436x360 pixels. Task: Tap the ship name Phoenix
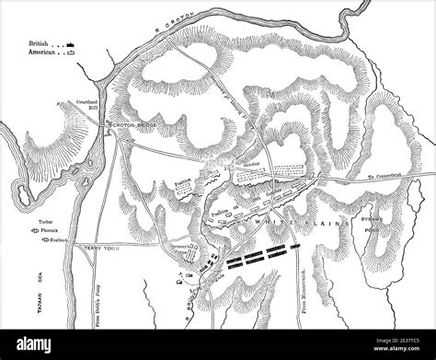click(54, 232)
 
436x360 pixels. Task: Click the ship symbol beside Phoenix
click(33, 233)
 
